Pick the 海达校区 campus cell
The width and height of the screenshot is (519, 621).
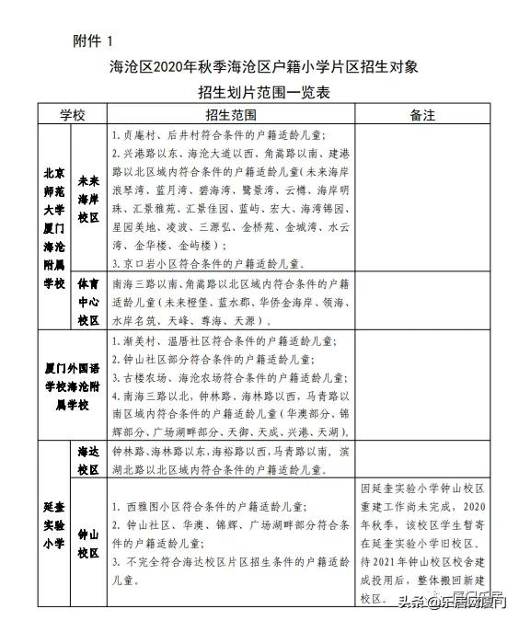(x=88, y=460)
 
